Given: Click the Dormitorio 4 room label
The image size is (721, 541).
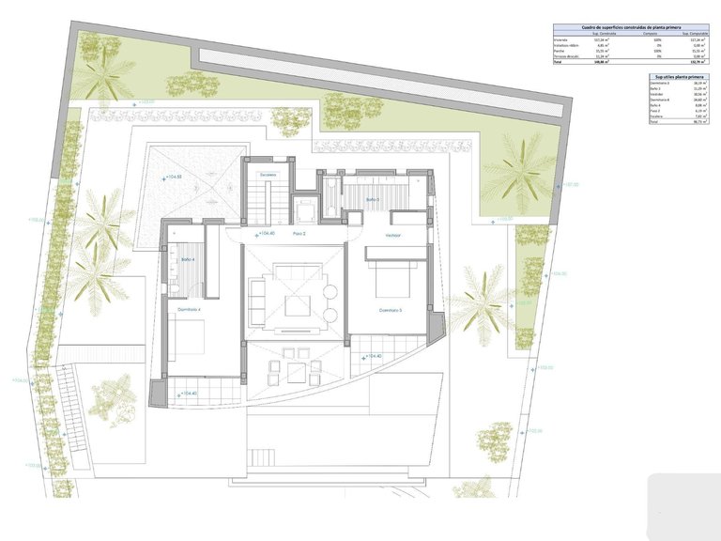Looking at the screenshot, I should (x=189, y=309).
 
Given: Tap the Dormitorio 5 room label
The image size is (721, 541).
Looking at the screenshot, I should (x=391, y=310).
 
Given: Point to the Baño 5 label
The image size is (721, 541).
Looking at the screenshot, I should (x=373, y=199).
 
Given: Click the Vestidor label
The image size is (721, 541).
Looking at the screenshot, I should (x=393, y=235).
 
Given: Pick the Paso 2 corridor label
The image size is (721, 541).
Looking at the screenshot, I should (x=299, y=234).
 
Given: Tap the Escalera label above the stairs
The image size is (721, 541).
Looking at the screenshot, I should (x=269, y=175).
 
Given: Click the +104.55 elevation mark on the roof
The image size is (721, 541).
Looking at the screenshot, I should (x=173, y=177).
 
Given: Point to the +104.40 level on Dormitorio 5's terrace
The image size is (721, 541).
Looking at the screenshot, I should (x=373, y=357).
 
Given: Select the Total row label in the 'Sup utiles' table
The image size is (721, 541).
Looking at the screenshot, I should (x=654, y=122).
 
